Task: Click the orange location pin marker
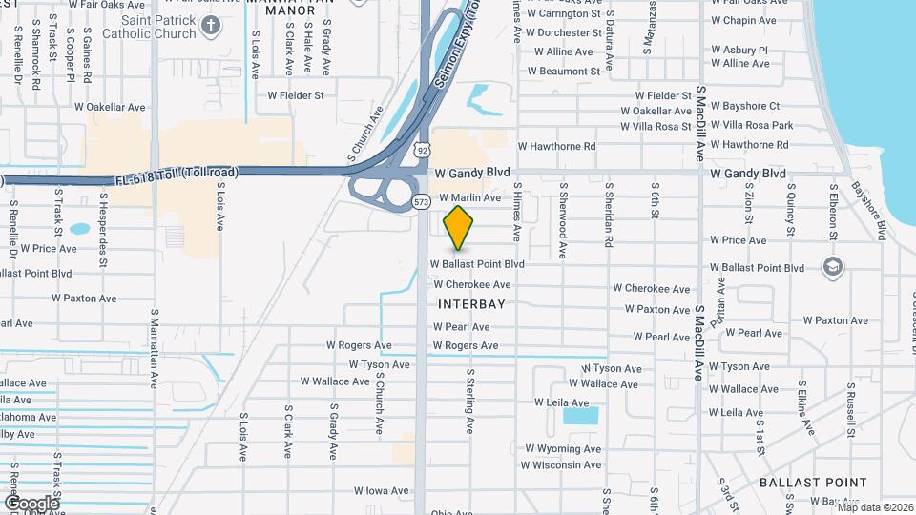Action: [459, 227]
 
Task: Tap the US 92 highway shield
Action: [423, 149]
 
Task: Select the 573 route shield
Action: [421, 201]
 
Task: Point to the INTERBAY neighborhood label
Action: [470, 304]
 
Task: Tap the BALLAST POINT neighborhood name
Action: [813, 483]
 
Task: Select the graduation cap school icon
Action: [832, 266]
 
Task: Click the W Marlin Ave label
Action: [469, 197]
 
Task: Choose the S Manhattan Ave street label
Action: [153, 347]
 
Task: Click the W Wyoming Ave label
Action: [561, 448]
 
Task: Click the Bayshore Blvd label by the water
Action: [868, 210]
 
